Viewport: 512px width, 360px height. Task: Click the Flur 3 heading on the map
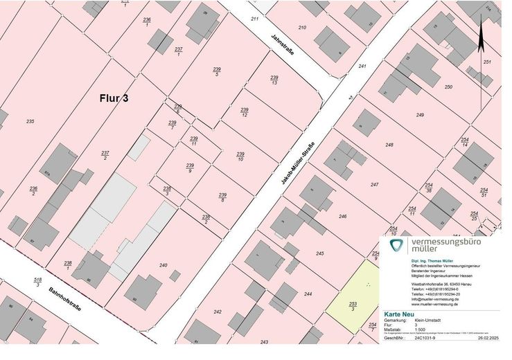(114, 99)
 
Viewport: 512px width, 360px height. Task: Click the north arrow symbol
(481, 41)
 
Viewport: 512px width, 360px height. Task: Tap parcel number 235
(30, 121)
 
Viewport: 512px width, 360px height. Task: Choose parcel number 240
(164, 265)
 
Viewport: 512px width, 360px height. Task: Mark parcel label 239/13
(274, 80)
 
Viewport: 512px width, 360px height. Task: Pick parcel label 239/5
(217, 71)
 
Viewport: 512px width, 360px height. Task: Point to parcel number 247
(374, 184)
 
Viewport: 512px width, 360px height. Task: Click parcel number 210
(302, 28)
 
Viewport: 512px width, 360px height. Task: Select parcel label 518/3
(37, 282)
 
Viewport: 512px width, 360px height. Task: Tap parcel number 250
(448, 87)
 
